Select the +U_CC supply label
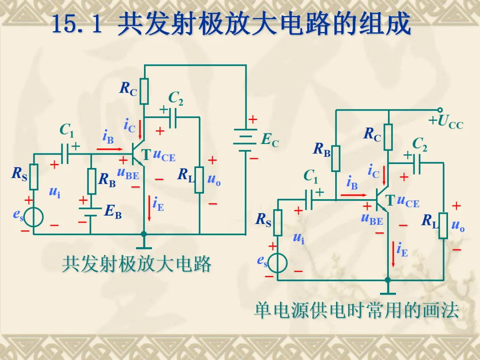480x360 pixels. click(x=446, y=121)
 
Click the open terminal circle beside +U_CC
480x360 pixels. click(x=440, y=110)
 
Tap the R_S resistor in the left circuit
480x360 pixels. click(x=34, y=176)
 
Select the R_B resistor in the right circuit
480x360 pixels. click(x=336, y=158)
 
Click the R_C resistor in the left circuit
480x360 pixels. click(x=144, y=91)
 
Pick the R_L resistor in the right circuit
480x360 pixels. click(x=443, y=225)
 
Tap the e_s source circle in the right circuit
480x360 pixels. click(x=278, y=262)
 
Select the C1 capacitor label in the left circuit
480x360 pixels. click(x=67, y=130)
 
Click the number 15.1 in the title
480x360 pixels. click(x=77, y=25)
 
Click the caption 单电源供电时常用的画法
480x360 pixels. click(x=356, y=310)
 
